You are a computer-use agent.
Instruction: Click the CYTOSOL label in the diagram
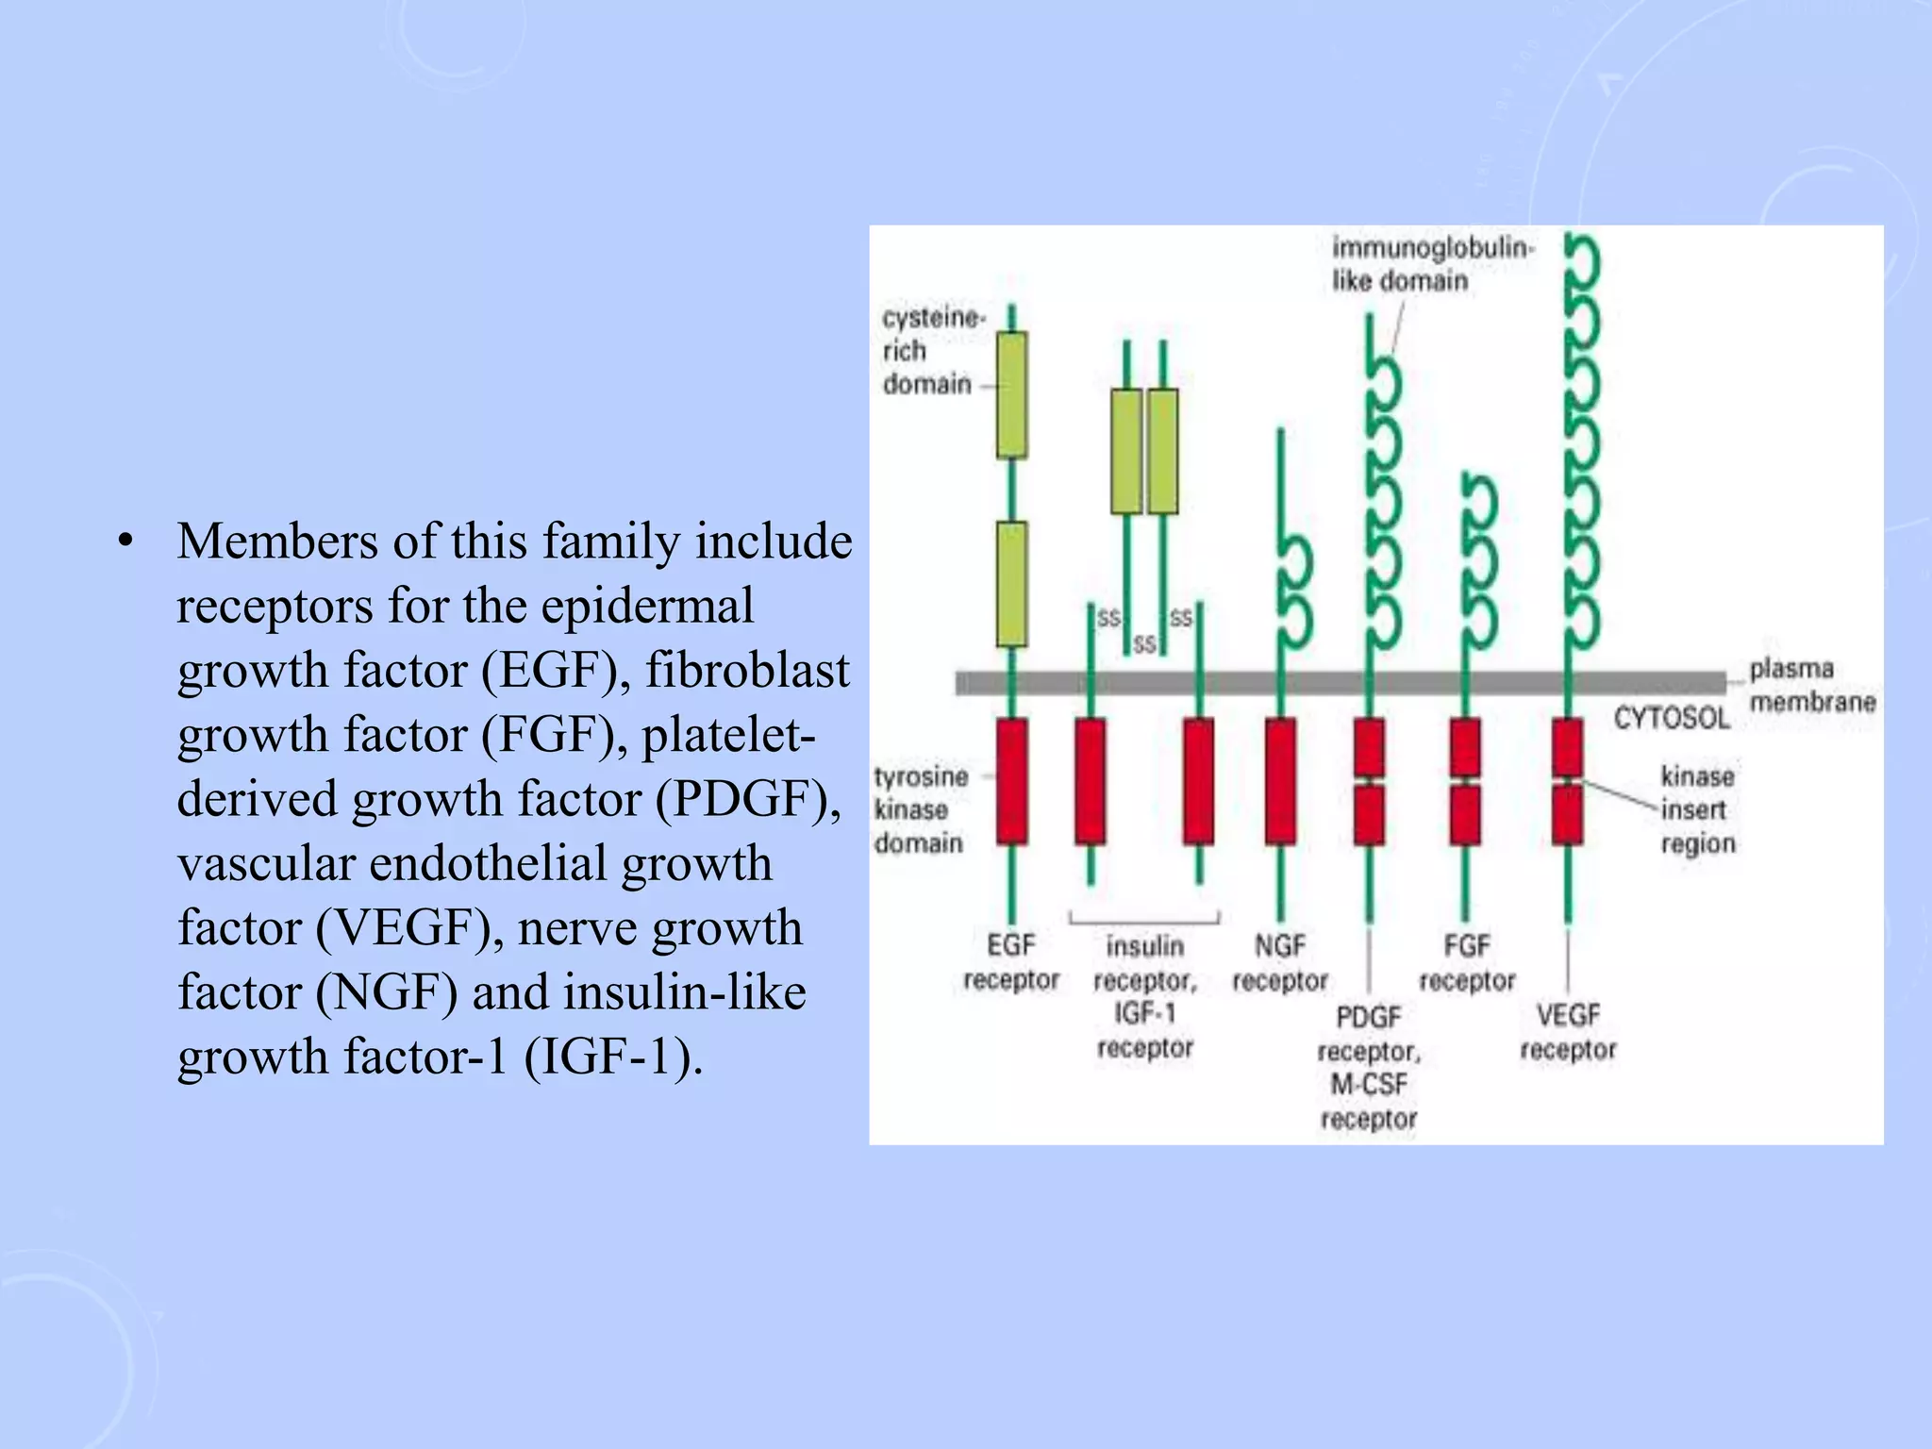pyautogui.click(x=1671, y=718)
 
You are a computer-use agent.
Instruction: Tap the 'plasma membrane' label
pyautogui.click(x=1811, y=686)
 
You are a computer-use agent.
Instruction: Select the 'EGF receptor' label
pyautogui.click(x=1011, y=962)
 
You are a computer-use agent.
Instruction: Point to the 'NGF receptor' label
pyautogui.click(x=1280, y=962)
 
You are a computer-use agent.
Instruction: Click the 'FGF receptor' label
pyautogui.click(x=1467, y=962)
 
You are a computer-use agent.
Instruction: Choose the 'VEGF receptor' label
pyautogui.click(x=1568, y=1032)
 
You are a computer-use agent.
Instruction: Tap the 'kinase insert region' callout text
pyautogui.click(x=1698, y=809)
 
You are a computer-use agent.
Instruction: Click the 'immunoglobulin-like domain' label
pyautogui.click(x=1432, y=264)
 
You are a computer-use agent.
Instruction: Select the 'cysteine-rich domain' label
pyautogui.click(x=928, y=351)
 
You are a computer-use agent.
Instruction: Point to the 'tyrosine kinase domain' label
pyautogui.click(x=920, y=809)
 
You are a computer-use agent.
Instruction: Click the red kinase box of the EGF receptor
pyautogui.click(x=1012, y=780)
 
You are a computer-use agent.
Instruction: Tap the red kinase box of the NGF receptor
pyautogui.click(x=1280, y=780)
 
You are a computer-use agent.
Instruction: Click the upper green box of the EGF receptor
pyautogui.click(x=1012, y=394)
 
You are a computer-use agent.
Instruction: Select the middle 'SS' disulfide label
pyautogui.click(x=1144, y=644)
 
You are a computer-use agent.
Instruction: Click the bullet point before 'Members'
pyautogui.click(x=125, y=542)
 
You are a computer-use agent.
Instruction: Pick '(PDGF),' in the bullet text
pyautogui.click(x=747, y=800)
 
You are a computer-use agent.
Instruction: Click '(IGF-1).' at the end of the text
pyautogui.click(x=613, y=1057)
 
